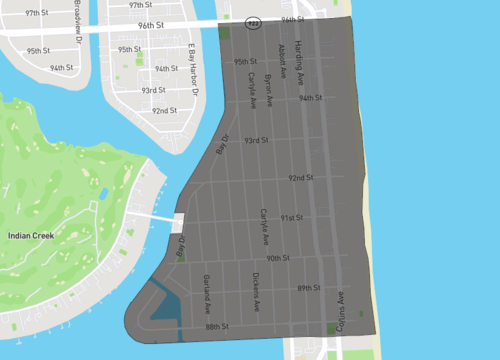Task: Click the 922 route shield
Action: coord(254,22)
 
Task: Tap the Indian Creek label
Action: coord(31,235)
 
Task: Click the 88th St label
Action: coord(217,326)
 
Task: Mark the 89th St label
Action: coord(308,288)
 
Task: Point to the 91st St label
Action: coord(291,217)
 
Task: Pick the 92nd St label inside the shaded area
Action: coord(301,177)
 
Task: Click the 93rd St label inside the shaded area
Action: coord(257,140)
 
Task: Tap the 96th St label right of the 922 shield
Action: coord(292,19)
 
